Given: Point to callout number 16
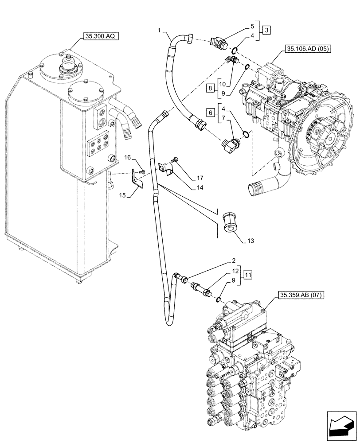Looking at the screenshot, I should pos(127,157).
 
